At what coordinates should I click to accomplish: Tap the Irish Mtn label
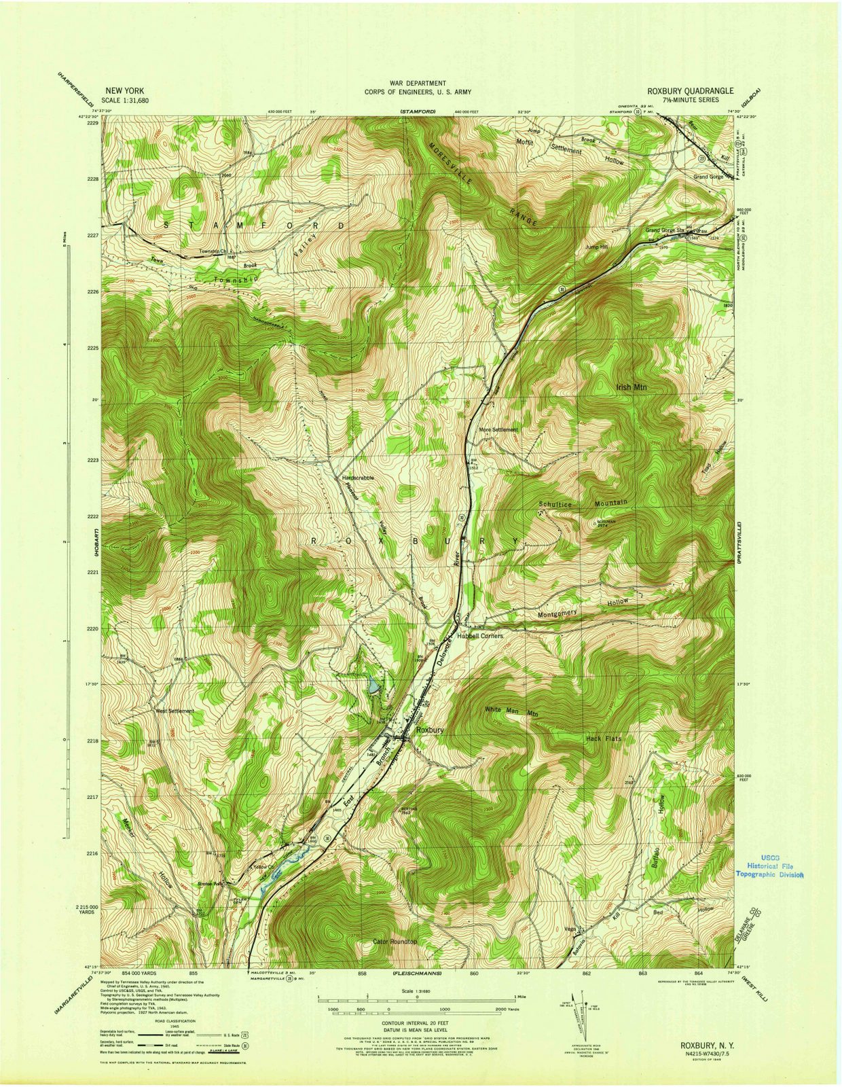click(631, 387)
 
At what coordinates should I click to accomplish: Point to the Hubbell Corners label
click(479, 636)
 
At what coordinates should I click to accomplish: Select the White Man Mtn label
click(511, 710)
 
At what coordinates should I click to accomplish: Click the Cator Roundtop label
click(395, 942)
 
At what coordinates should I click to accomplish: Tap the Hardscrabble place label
click(358, 478)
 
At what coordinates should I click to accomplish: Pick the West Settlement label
click(175, 711)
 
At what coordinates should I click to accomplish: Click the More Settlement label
click(498, 430)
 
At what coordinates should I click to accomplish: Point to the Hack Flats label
click(604, 738)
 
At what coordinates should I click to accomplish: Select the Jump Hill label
click(597, 247)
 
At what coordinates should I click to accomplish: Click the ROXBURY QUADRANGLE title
click(690, 90)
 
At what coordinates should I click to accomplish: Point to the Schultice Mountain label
click(583, 503)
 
